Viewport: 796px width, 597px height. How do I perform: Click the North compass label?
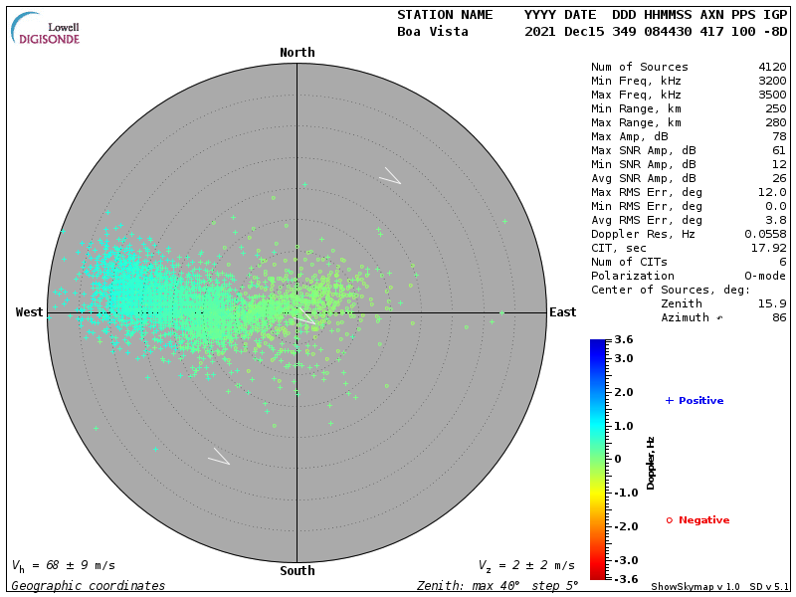(x=297, y=53)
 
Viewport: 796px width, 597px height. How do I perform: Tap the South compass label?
(x=297, y=571)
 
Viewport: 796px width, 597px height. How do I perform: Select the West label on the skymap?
(x=30, y=312)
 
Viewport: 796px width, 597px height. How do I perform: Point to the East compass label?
(x=562, y=312)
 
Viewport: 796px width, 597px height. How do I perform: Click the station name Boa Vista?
(x=431, y=32)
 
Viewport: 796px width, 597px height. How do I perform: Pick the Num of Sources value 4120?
(x=772, y=68)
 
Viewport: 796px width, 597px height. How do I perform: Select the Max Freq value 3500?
(x=772, y=96)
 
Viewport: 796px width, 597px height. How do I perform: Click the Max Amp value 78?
(x=779, y=136)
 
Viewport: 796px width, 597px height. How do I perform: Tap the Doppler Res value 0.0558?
(x=765, y=234)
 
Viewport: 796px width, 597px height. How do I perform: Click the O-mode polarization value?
(x=762, y=276)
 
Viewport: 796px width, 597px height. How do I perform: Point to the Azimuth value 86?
(x=779, y=317)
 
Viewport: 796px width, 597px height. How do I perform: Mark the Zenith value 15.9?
(x=772, y=303)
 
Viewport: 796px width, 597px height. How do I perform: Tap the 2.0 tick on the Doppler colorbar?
(x=624, y=393)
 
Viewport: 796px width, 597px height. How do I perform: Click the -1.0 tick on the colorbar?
(x=624, y=493)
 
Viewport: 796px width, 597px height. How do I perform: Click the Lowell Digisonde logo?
(x=48, y=31)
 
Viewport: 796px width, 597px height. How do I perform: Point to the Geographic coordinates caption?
(x=89, y=586)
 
